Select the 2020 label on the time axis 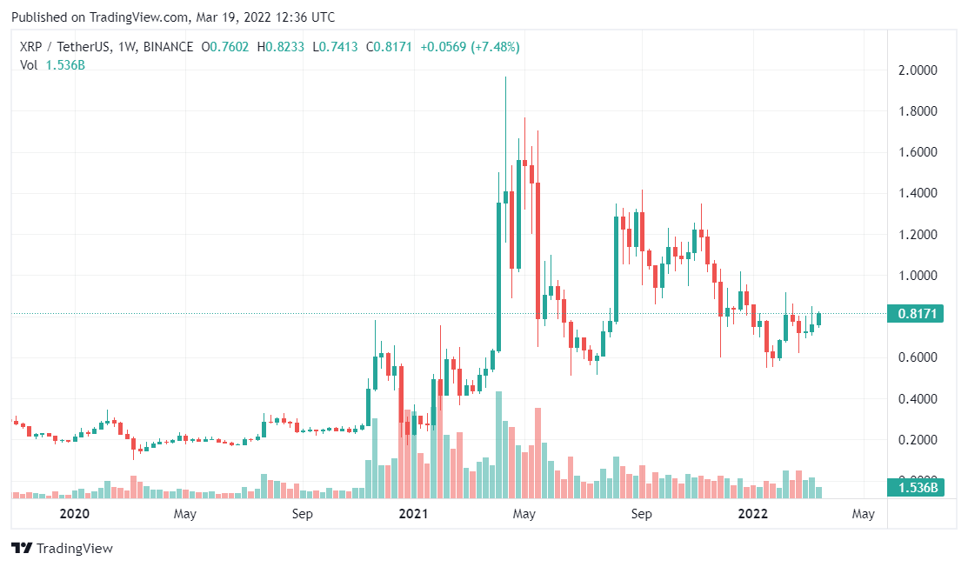click(75, 514)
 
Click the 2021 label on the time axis click(413, 514)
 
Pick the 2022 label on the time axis click(751, 514)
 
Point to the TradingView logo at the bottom click(62, 549)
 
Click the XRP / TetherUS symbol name click(63, 47)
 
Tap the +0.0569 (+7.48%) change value click(470, 47)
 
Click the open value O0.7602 click(227, 47)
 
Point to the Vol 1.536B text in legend click(53, 65)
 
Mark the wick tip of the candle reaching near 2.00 click(505, 77)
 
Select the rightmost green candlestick click(818, 319)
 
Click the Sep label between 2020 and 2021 click(302, 514)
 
